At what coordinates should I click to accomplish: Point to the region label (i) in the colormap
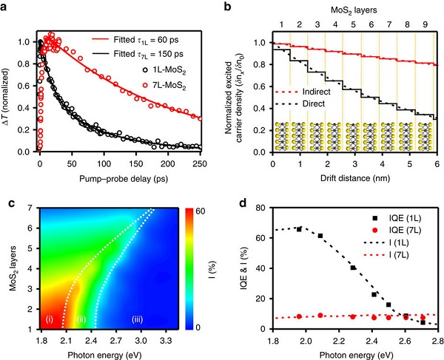tap(49, 319)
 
